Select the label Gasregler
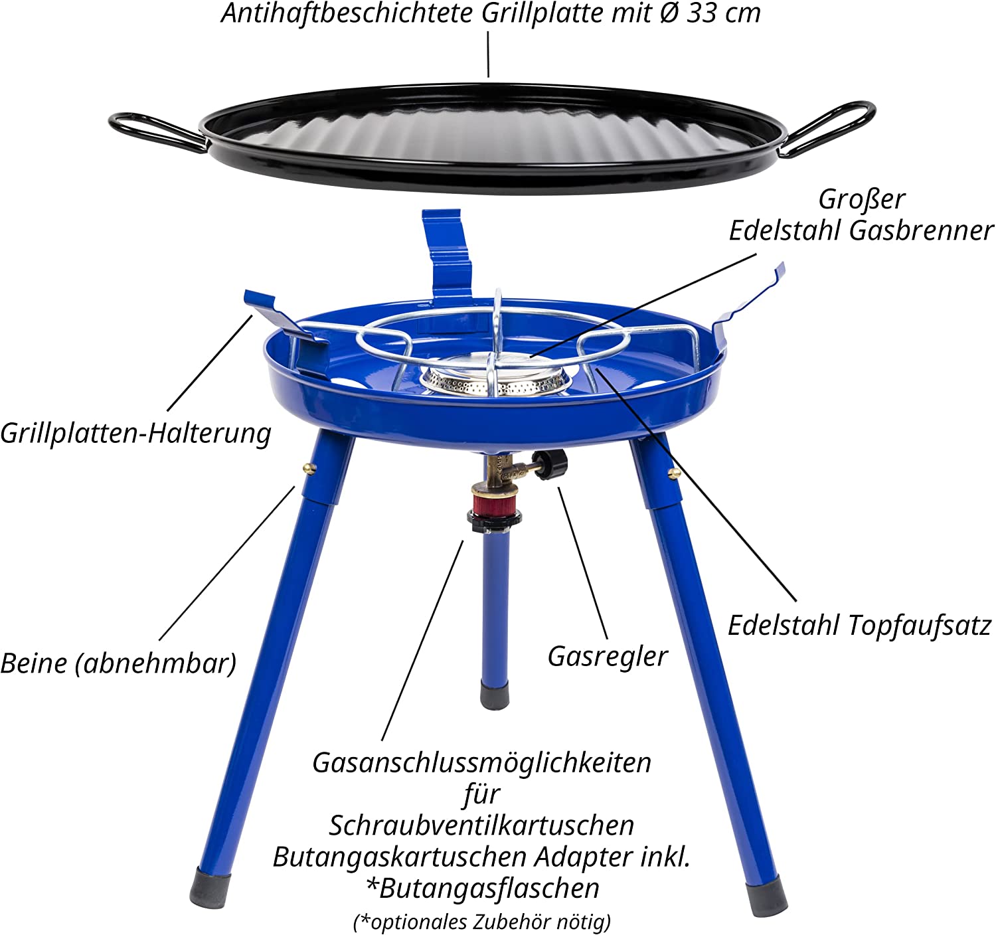608,656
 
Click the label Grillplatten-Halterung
136,434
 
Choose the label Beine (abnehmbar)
118,663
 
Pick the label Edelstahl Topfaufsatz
860,626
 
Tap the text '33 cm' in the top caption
723,13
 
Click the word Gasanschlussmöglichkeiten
482,764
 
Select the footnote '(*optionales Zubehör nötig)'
482,922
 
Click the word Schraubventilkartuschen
481,825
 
